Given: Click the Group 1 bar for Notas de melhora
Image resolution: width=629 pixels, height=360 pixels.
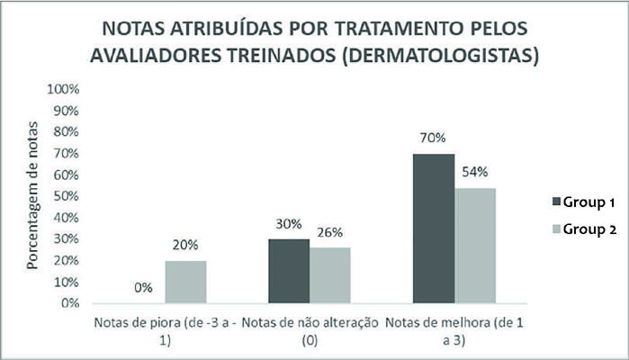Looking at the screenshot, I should [x=433, y=229].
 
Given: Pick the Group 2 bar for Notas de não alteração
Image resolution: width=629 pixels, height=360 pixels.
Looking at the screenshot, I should [x=329, y=275].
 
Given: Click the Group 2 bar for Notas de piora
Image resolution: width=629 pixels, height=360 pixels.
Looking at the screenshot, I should [x=184, y=282].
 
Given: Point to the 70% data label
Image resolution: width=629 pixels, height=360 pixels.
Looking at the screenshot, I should [x=432, y=139].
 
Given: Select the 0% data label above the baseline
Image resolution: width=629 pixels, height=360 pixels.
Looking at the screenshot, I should [x=143, y=288].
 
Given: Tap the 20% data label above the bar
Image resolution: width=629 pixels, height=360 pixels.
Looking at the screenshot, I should [x=185, y=245].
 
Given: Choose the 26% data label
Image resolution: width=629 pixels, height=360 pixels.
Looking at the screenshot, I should [x=329, y=232].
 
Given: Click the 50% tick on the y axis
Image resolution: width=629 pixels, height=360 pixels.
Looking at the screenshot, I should [x=71, y=196].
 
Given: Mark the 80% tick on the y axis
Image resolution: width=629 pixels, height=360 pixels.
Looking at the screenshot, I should [x=71, y=132].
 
